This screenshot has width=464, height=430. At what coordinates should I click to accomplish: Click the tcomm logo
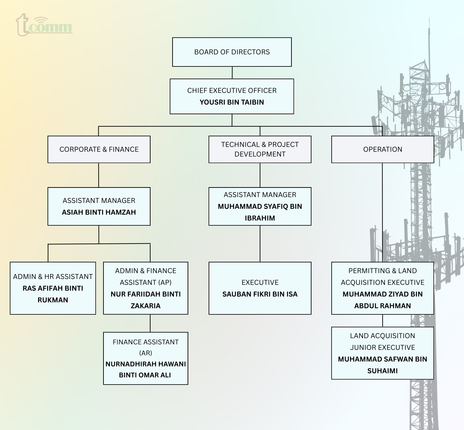pyautogui.click(x=44, y=25)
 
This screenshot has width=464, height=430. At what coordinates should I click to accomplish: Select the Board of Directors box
pyautogui.click(x=232, y=52)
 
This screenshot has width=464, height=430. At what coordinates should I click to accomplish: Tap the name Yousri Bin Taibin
pyautogui.click(x=232, y=102)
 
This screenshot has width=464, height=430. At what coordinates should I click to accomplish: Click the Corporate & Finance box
pyautogui.click(x=99, y=149)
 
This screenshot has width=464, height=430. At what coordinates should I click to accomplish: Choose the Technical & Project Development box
pyautogui.click(x=260, y=149)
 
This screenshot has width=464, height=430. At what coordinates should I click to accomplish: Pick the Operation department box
pyautogui.click(x=383, y=149)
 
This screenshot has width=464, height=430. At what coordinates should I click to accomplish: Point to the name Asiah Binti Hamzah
pyautogui.click(x=99, y=212)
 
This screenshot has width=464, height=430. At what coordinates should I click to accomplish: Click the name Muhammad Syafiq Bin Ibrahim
pyautogui.click(x=260, y=212)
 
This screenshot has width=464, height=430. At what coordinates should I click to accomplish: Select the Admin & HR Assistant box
pyautogui.click(x=53, y=288)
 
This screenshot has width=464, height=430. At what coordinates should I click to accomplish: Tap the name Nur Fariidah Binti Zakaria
pyautogui.click(x=146, y=300)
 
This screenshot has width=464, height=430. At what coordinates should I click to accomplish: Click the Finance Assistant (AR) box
pyautogui.click(x=146, y=358)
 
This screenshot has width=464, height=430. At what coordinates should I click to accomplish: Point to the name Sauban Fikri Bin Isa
pyautogui.click(x=260, y=294)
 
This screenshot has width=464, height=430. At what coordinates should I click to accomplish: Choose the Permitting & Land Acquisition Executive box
pyautogui.click(x=383, y=288)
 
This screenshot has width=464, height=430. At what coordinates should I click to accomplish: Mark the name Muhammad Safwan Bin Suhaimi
pyautogui.click(x=383, y=365)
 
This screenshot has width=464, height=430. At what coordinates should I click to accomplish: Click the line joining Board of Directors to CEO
pyautogui.click(x=232, y=73)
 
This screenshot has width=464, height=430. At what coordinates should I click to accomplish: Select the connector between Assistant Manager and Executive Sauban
pyautogui.click(x=260, y=244)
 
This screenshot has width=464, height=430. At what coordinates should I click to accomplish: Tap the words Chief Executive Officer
pyautogui.click(x=232, y=90)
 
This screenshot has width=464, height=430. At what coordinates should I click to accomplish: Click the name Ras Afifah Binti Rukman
pyautogui.click(x=53, y=294)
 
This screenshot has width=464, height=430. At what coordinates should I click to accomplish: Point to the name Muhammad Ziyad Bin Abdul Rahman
pyautogui.click(x=383, y=300)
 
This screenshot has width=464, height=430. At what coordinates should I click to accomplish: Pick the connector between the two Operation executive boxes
pyautogui.click(x=383, y=321)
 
